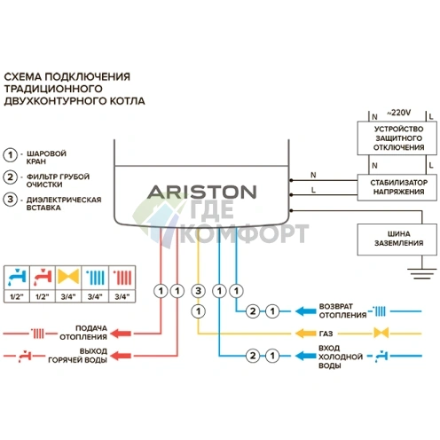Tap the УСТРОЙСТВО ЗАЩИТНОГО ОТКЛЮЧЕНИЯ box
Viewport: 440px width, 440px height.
click(x=391, y=138)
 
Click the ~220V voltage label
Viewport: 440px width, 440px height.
click(x=391, y=113)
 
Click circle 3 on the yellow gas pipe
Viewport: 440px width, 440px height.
click(x=198, y=289)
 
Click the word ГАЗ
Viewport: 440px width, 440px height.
click(x=326, y=334)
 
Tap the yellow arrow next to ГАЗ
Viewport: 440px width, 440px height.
click(x=304, y=334)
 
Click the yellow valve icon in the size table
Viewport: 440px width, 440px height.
click(x=67, y=275)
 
